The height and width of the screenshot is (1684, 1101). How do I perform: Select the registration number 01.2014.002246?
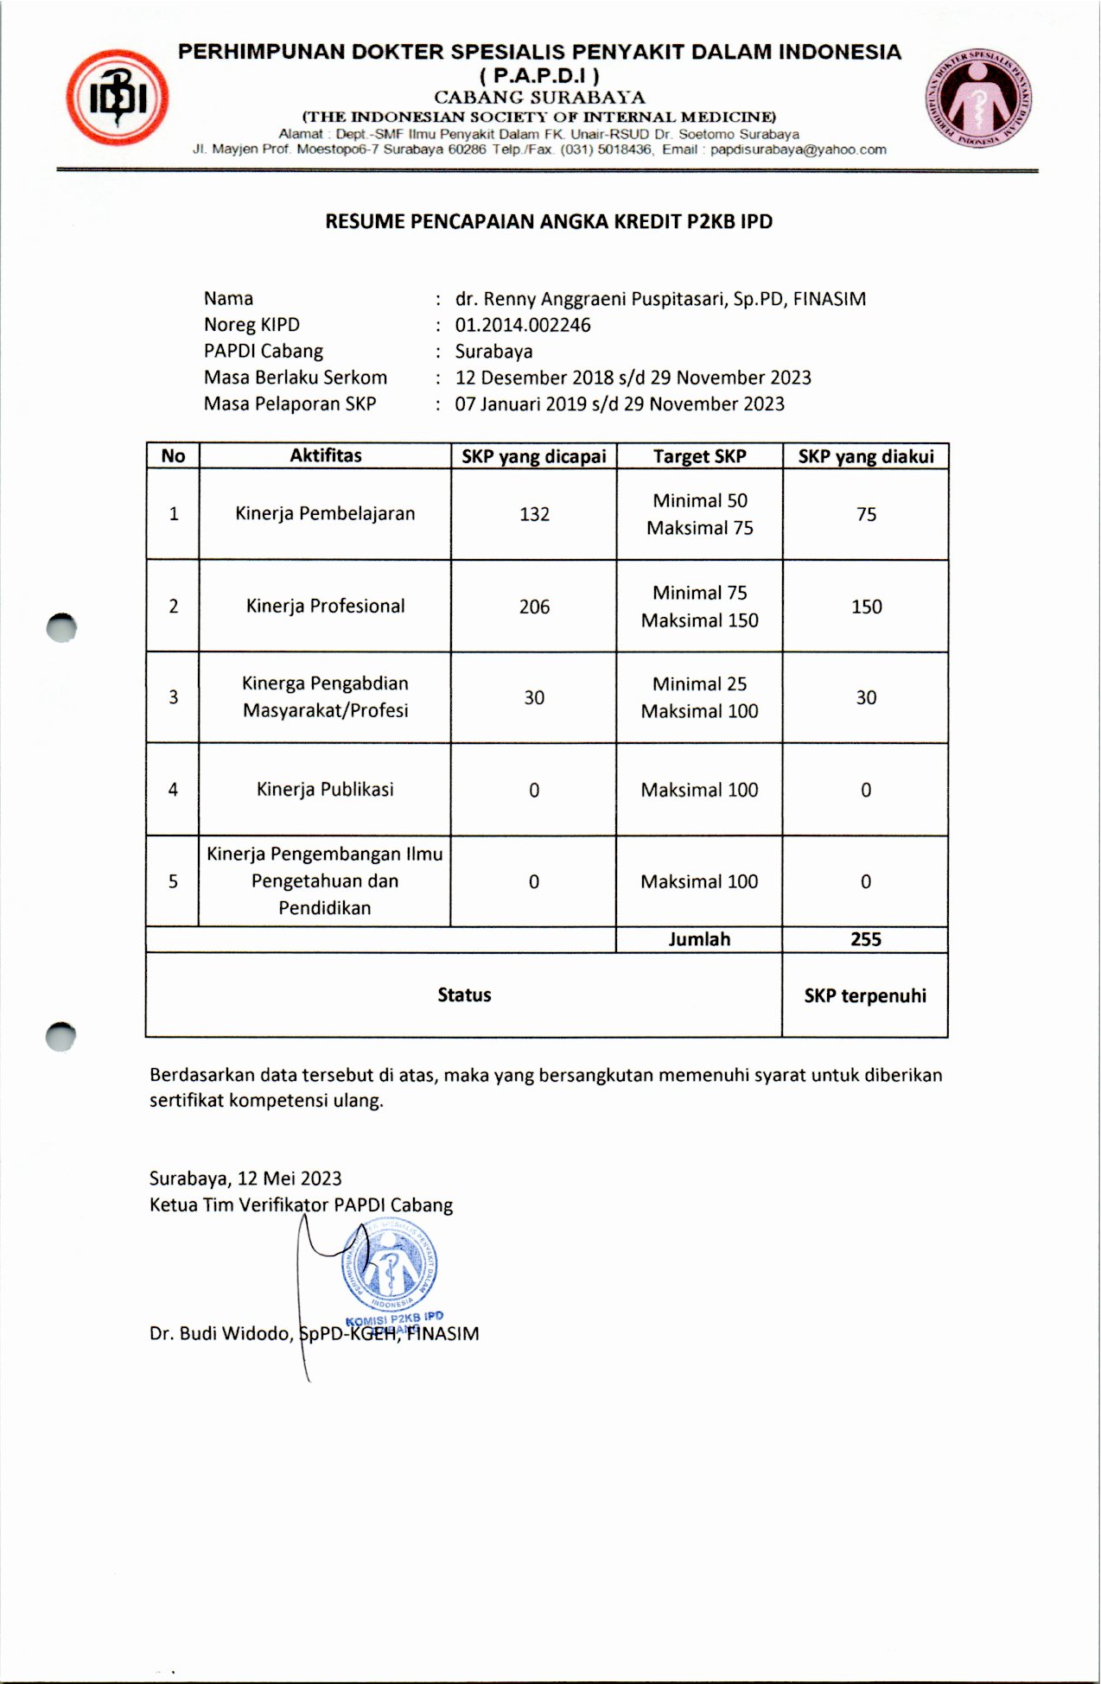tap(523, 325)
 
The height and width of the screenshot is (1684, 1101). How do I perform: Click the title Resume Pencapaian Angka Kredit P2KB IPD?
tap(549, 222)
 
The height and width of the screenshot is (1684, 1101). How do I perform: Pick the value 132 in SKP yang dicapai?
tap(534, 514)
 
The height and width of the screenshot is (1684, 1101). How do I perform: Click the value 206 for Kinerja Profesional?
tap(534, 607)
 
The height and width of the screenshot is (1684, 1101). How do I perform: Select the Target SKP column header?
tap(699, 456)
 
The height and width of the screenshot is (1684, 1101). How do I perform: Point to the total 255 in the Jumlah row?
tap(865, 939)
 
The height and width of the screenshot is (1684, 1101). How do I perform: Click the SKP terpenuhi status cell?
tap(865, 995)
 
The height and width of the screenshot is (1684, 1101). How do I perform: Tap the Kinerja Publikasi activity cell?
tap(325, 789)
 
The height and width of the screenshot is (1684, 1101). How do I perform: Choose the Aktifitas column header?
tap(325, 455)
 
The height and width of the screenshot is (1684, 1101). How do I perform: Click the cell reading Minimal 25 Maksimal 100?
tap(699, 697)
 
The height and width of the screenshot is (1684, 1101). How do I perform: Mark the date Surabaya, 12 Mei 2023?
tap(245, 1179)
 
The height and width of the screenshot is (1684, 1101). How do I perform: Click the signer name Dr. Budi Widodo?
tap(220, 1333)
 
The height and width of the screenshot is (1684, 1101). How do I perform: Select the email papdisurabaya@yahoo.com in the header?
tap(798, 149)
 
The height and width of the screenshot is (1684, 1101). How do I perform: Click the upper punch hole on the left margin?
tap(61, 628)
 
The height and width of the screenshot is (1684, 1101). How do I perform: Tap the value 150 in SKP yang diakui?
tap(866, 607)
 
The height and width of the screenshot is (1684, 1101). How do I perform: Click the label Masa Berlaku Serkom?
tap(296, 378)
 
